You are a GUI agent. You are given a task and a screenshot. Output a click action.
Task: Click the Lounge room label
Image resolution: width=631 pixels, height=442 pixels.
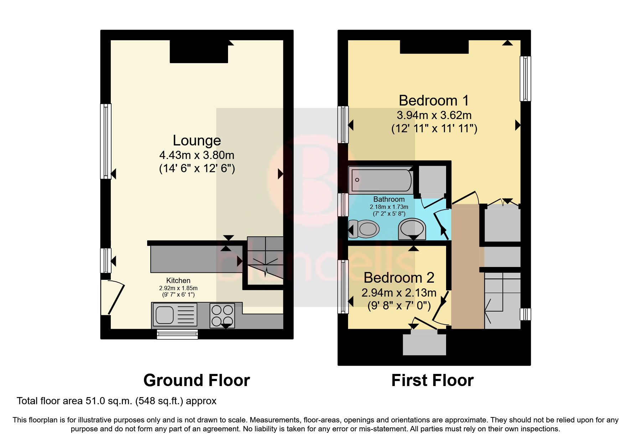pyautogui.click(x=197, y=140)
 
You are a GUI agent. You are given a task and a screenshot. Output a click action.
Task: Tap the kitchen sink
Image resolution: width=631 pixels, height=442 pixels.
pyautogui.click(x=175, y=314)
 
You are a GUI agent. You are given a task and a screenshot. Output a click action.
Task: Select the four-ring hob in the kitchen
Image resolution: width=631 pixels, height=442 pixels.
pyautogui.click(x=222, y=315)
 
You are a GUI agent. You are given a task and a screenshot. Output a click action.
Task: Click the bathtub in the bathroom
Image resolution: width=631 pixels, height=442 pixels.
pyautogui.click(x=381, y=180)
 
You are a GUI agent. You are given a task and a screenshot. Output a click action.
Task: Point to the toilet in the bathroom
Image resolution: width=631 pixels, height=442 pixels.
pyautogui.click(x=364, y=228)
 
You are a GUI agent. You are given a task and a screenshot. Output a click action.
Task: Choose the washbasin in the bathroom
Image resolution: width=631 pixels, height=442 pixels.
pyautogui.click(x=412, y=228)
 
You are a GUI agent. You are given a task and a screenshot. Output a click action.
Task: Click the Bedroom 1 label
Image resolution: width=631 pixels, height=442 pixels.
pyautogui.click(x=434, y=101)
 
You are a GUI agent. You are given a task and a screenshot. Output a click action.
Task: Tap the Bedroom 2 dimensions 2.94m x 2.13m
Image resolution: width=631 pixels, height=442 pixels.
pyautogui.click(x=399, y=293)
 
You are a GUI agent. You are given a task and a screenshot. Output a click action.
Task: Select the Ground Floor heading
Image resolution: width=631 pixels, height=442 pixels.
pyautogui.click(x=196, y=380)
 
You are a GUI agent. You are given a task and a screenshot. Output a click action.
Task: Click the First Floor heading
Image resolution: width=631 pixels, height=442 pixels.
pyautogui.click(x=432, y=380)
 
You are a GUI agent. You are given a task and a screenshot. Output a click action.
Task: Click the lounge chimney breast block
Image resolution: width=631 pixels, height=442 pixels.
pyautogui.click(x=198, y=52)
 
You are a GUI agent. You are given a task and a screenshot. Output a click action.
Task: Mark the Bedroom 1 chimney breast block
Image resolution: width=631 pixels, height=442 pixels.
pyautogui.click(x=434, y=47)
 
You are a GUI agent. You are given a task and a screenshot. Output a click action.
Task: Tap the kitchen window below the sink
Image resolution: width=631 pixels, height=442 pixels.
pyautogui.click(x=177, y=334)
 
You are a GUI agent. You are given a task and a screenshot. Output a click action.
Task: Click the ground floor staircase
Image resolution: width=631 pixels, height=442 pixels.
pyautogui.click(x=265, y=260)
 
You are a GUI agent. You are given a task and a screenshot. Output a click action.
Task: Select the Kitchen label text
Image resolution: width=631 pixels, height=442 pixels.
pyautogui.click(x=178, y=281)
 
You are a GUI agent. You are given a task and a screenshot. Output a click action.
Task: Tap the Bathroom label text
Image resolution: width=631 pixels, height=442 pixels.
pyautogui.click(x=389, y=199)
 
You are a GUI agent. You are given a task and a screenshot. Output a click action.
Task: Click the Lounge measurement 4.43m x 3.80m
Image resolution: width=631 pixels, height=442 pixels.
pyautogui.click(x=197, y=155)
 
